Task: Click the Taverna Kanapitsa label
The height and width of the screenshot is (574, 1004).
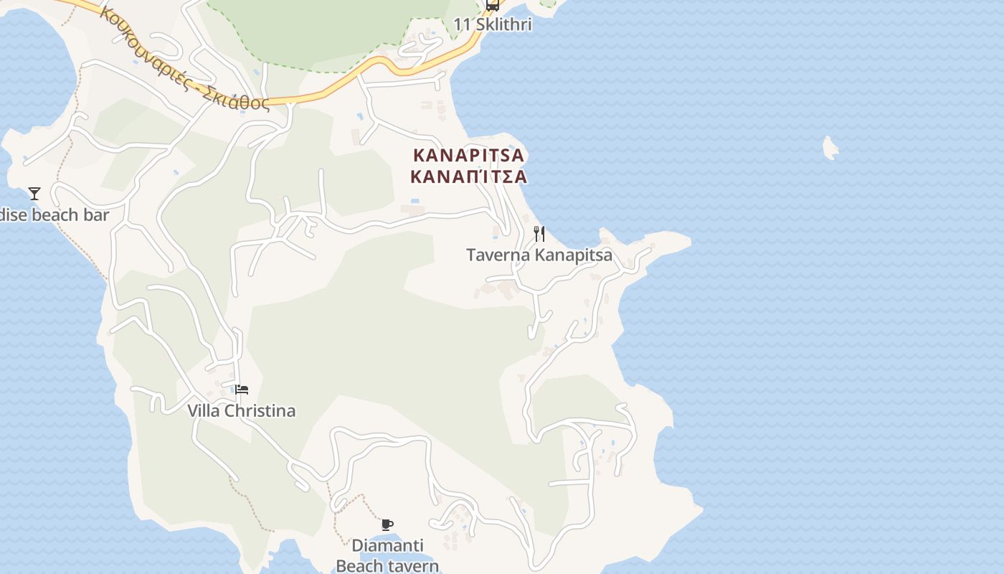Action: (x=539, y=255)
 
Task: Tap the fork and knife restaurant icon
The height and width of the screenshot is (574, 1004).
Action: (x=539, y=234)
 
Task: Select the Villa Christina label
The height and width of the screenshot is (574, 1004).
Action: (x=241, y=411)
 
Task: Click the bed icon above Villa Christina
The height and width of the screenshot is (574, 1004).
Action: (x=242, y=390)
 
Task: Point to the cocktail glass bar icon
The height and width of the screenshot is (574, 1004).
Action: (x=34, y=193)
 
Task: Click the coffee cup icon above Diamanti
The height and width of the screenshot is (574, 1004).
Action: (x=387, y=524)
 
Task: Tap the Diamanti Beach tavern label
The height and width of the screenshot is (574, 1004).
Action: (x=387, y=556)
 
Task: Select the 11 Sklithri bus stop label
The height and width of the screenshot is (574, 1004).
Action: (x=493, y=24)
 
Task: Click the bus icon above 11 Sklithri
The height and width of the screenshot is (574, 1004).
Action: (x=493, y=5)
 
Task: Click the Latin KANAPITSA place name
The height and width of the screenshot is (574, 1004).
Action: (x=469, y=155)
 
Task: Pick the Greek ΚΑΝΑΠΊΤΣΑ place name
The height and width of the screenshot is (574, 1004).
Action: (x=469, y=177)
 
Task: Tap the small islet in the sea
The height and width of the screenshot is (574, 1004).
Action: (x=830, y=148)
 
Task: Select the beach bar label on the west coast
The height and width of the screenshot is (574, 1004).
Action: (x=55, y=215)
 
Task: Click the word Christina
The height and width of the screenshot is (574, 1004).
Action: (x=260, y=411)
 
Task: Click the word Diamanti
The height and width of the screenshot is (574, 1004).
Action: (x=387, y=545)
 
